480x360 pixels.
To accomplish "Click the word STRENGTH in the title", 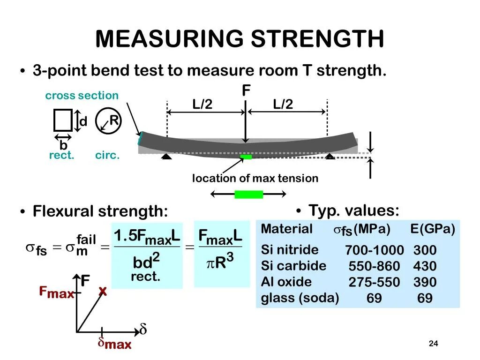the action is click(317, 39).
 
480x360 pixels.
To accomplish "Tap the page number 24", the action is click(433, 344).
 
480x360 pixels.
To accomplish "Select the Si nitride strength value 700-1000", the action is click(375, 250).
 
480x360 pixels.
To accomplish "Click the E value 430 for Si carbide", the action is click(425, 266).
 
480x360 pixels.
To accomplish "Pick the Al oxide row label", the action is click(286, 282).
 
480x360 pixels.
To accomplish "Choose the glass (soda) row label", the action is click(300, 298).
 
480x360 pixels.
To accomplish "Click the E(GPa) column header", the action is click(433, 229).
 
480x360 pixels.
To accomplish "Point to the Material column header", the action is click(286, 229).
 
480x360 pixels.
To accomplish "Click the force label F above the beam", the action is click(246, 90).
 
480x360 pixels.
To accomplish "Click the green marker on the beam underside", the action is click(246, 157).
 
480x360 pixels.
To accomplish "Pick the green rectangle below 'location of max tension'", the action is click(249, 194).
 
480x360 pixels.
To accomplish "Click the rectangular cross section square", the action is click(63, 120).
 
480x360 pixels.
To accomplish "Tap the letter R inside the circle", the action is click(113, 121).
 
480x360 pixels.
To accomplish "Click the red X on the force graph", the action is click(103, 292).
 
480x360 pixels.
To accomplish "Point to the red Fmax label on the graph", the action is click(56, 293).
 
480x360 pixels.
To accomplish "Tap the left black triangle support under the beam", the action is click(166, 157).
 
